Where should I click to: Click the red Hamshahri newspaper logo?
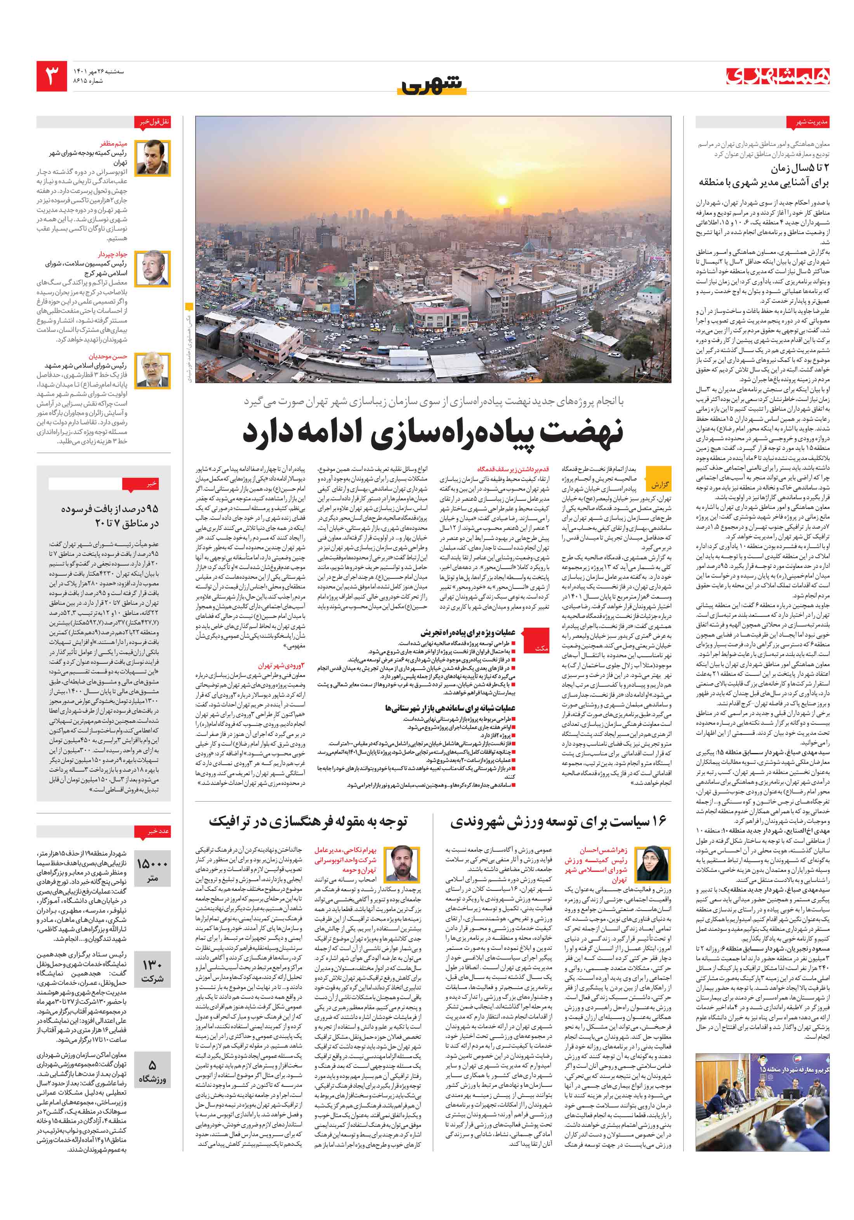point(778,76)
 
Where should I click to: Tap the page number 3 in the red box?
point(52,76)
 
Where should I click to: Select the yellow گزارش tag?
point(660,484)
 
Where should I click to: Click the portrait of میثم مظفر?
point(153,158)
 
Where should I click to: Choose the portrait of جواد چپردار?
point(153,268)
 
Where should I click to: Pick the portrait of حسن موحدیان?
point(153,370)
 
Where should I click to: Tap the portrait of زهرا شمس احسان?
point(649,864)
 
